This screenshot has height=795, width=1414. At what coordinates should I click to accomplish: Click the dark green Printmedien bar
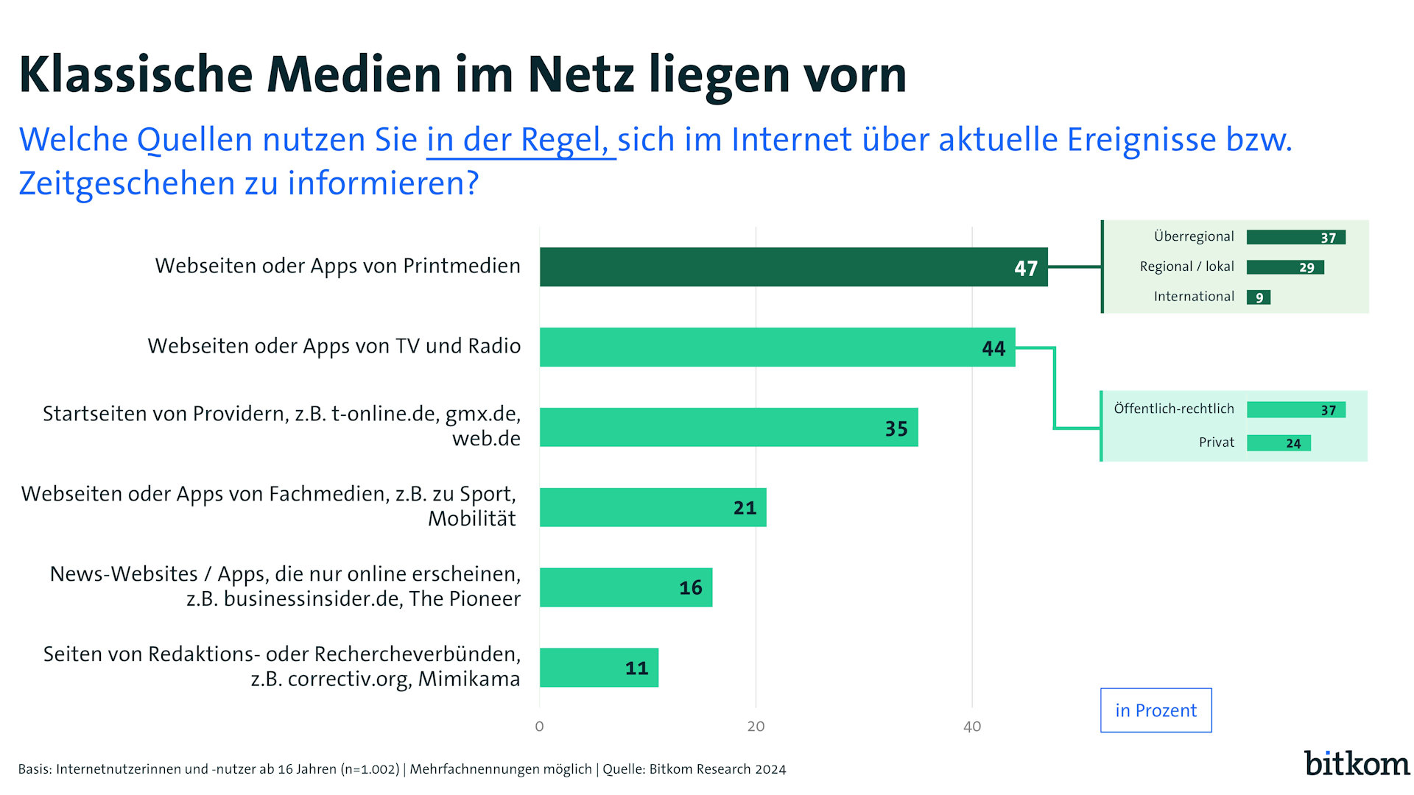coord(793,267)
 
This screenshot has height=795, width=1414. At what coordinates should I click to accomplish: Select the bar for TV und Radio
coord(777,347)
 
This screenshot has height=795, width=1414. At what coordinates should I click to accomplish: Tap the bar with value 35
coord(728,428)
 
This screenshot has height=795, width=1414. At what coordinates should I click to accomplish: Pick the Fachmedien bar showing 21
coord(653,507)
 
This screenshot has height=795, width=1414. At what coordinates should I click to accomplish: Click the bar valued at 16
coord(626,587)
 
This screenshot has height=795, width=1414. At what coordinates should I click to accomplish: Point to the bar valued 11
coord(599,668)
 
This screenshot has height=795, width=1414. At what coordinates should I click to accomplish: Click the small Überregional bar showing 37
coord(1295,237)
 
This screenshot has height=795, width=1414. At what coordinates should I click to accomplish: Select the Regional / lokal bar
coord(1285,267)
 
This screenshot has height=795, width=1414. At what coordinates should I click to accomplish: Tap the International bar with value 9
coord(1258,297)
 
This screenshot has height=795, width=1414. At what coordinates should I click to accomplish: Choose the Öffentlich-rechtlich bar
coord(1295,410)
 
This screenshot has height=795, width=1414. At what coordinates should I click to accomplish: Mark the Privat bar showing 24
coord(1278,443)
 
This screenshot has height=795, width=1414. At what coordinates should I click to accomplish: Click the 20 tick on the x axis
coord(756,727)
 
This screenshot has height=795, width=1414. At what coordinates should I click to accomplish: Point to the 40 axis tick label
coord(972,727)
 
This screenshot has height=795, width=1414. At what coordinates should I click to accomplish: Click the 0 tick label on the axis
coord(539,727)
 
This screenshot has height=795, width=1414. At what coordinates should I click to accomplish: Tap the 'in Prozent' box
coord(1156,710)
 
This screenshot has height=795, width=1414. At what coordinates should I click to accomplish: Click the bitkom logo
coord(1357,763)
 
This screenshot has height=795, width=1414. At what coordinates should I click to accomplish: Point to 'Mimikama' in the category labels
coord(469,679)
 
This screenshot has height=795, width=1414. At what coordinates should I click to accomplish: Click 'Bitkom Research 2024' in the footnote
coord(717,769)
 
